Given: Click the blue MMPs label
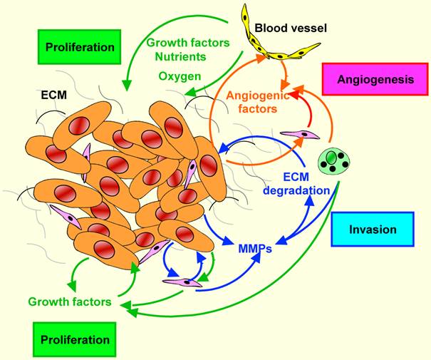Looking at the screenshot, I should [x=256, y=250].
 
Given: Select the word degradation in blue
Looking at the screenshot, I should [x=296, y=190].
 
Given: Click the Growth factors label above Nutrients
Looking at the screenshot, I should [x=188, y=41].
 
